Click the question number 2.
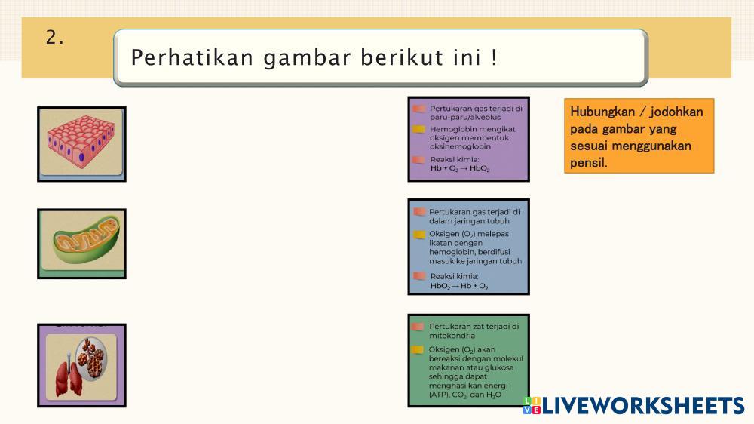pos(54,38)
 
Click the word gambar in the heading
pos(308,58)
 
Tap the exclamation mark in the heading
pos(494,57)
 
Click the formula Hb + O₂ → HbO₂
pos(460,168)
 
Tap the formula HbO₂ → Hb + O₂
pos(458,286)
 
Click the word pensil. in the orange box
pos(589,163)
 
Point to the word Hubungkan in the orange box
pos(602,112)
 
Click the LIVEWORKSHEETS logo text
pos(643,406)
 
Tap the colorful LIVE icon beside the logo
pos(532,405)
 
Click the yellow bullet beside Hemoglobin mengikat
pos(418,129)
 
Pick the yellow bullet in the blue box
pos(419,235)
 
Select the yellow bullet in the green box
pos(418,350)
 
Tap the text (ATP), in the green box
pos(439,395)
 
